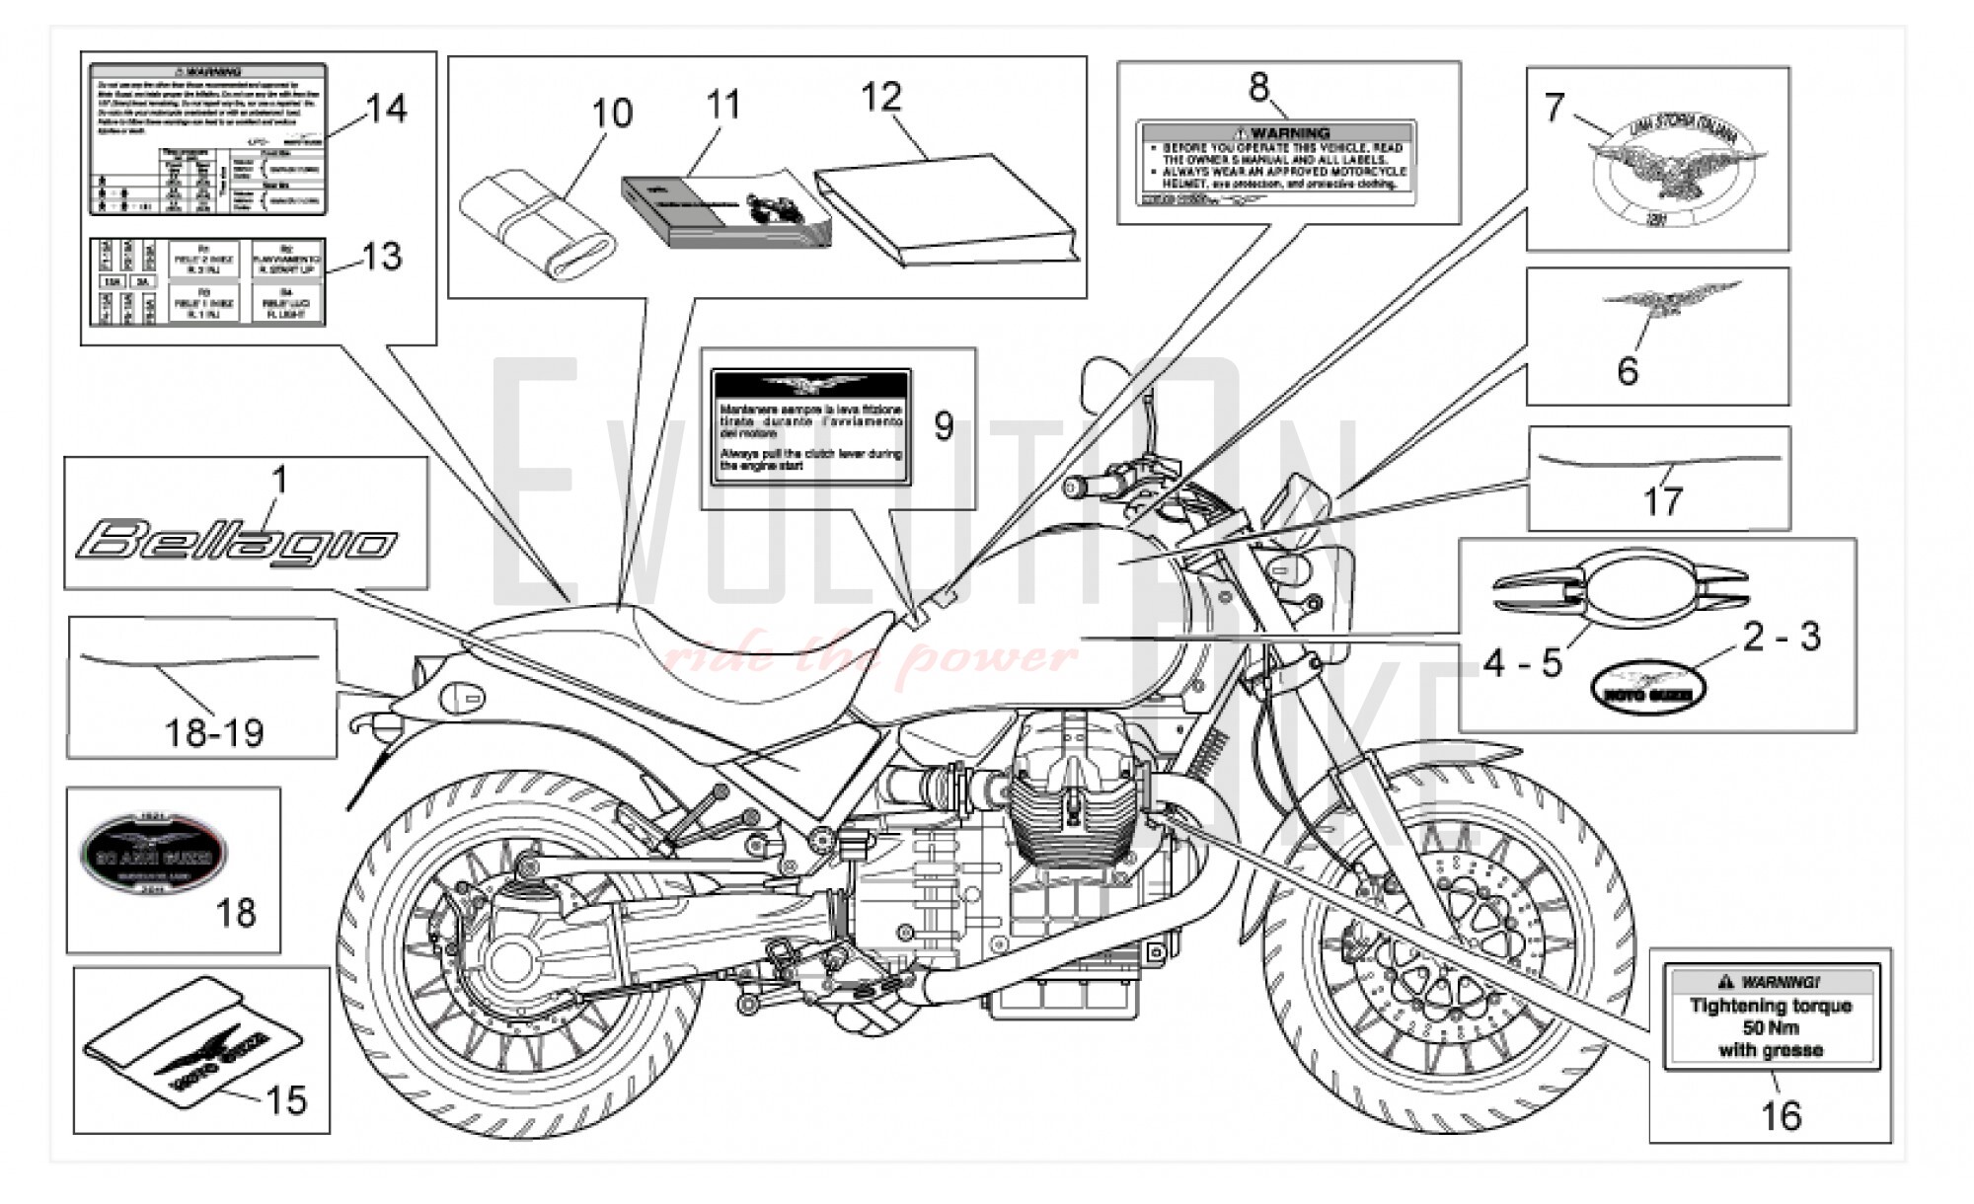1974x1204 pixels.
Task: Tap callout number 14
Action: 385,109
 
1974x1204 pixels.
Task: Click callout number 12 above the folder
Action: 880,97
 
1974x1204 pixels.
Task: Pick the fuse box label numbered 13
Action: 207,281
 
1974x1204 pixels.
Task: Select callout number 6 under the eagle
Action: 1628,371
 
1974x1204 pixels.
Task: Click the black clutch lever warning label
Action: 810,426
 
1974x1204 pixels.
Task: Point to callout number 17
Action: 1661,500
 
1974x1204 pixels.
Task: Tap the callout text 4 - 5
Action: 1523,663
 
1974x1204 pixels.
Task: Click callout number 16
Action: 1781,1116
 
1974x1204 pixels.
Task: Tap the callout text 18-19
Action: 214,733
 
